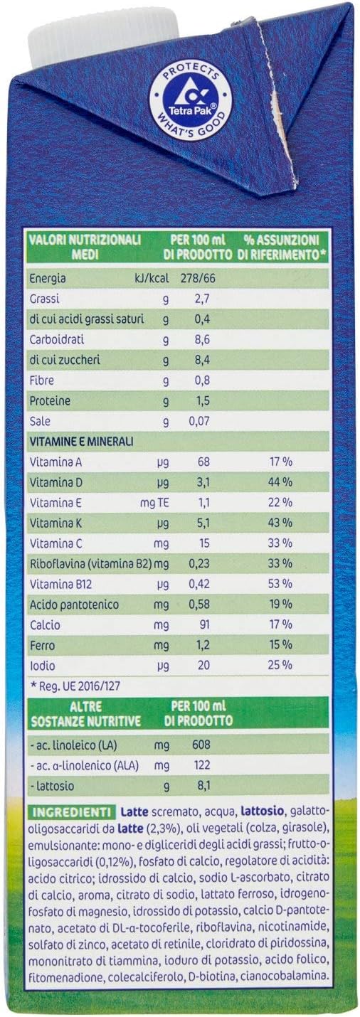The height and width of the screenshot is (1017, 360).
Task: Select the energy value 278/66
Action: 198,278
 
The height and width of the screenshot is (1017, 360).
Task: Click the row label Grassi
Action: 44,299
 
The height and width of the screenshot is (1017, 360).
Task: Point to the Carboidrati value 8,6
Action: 202,340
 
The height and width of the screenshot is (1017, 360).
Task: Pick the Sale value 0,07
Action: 198,421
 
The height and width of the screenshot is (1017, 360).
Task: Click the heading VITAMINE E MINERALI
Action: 81,442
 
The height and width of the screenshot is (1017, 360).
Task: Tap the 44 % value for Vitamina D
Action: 280,482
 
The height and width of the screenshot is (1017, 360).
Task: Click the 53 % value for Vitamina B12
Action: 280,583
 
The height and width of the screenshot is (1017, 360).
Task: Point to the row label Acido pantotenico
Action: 75,605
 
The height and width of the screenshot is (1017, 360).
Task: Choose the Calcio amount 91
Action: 203,624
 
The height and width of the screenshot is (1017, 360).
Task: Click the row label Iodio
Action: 42,666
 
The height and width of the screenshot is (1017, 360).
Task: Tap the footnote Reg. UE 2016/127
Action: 75,686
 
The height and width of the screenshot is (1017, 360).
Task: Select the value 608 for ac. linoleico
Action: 201,745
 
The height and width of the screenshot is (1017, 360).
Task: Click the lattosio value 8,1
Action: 202,785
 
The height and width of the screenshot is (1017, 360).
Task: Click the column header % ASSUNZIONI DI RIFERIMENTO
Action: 282,247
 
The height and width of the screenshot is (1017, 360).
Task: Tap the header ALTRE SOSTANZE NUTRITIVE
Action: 85,713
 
